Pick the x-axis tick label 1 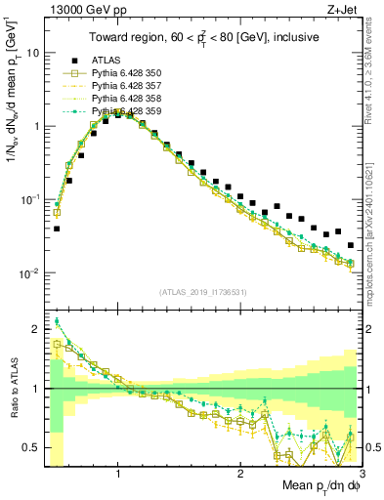point(118,475)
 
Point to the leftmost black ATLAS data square point(57,229)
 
